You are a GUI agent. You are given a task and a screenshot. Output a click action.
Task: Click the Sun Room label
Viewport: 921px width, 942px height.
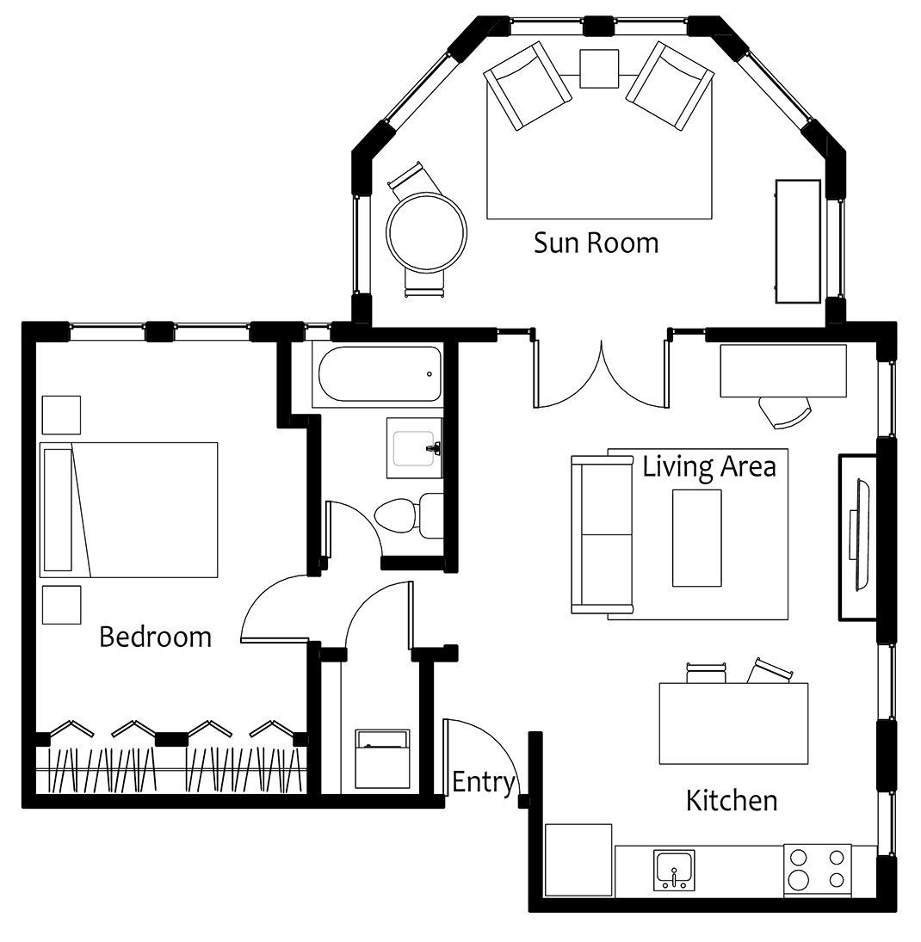[x=596, y=243]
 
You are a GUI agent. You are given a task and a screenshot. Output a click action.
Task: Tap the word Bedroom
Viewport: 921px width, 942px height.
[x=155, y=637]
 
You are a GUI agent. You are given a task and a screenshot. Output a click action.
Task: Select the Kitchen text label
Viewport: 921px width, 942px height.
[x=732, y=801]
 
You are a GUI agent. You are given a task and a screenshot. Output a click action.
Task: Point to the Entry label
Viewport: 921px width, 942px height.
[x=484, y=783]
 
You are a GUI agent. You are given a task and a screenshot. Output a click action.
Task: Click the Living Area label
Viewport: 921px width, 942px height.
[x=709, y=466]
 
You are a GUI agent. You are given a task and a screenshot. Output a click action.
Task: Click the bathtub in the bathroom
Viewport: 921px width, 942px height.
[x=380, y=373]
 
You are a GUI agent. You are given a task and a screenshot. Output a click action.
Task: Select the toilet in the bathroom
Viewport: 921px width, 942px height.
[x=409, y=515]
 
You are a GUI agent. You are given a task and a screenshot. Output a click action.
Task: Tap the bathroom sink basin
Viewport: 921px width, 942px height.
[x=414, y=448]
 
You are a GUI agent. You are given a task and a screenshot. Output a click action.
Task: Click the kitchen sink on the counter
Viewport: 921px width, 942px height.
[x=674, y=870]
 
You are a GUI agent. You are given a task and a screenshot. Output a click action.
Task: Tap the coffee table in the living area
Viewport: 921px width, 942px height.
[x=696, y=538]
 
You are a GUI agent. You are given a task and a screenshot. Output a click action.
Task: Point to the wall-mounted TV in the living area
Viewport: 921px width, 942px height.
[x=858, y=536]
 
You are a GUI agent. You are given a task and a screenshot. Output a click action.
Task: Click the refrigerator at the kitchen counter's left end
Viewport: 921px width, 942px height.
[x=578, y=859]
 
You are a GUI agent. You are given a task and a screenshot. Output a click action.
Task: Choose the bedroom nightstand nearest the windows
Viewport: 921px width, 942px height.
[x=61, y=416]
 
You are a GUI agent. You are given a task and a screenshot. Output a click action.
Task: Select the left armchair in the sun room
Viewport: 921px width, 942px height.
[x=528, y=85]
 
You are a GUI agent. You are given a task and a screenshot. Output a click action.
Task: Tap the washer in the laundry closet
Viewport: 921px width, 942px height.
[x=382, y=759]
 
